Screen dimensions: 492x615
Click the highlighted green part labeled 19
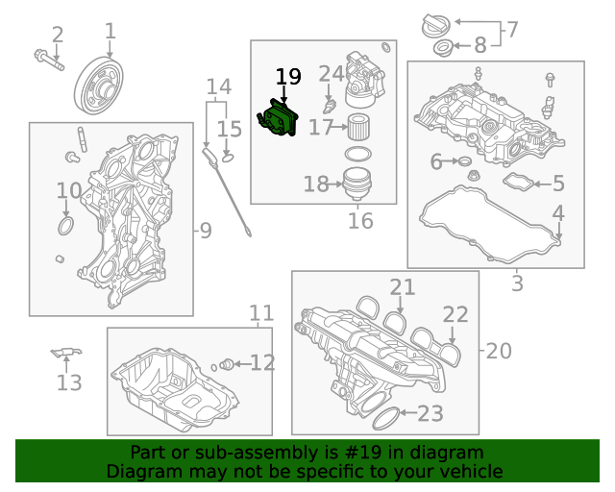pos(279,119)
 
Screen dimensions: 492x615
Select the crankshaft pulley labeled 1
pos(98,86)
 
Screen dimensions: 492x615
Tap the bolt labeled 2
pos(48,60)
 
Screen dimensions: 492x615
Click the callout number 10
pos(68,191)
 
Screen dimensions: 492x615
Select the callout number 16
pos(360,222)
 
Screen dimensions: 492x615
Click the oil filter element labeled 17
pos(357,127)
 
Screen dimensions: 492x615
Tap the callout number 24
pos(331,74)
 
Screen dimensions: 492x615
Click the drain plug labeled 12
pos(227,363)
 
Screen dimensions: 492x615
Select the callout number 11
pos(261,313)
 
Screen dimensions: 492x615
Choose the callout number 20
pos(499,351)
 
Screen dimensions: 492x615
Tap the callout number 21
pos(402,286)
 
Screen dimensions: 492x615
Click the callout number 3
pos(517,283)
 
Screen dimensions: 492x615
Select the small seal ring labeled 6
pos(461,162)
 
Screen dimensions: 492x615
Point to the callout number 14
pos(219,87)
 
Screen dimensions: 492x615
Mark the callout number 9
pos(204,230)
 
